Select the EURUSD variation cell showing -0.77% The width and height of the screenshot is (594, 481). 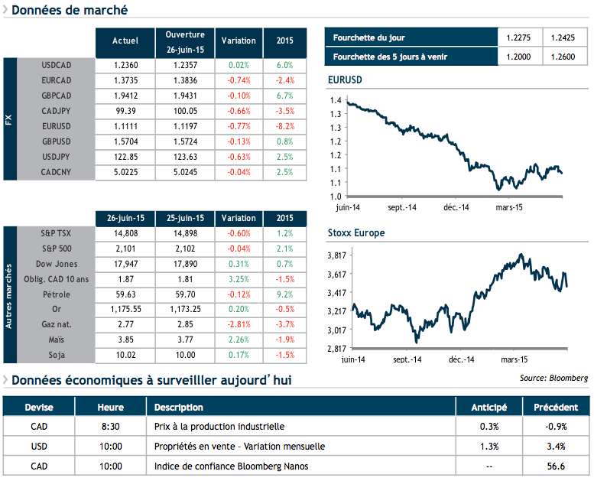pyautogui.click(x=239, y=125)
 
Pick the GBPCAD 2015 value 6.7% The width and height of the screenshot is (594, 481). pyautogui.click(x=284, y=96)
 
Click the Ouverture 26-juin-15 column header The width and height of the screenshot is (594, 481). pyautogui.click(x=185, y=41)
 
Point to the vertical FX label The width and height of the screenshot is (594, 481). pyautogui.click(x=10, y=119)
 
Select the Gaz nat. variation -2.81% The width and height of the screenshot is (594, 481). pyautogui.click(x=239, y=324)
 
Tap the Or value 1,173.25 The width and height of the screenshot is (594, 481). pyautogui.click(x=185, y=308)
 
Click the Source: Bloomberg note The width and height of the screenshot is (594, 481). pyautogui.click(x=553, y=378)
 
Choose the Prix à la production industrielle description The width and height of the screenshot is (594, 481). pyautogui.click(x=219, y=426)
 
